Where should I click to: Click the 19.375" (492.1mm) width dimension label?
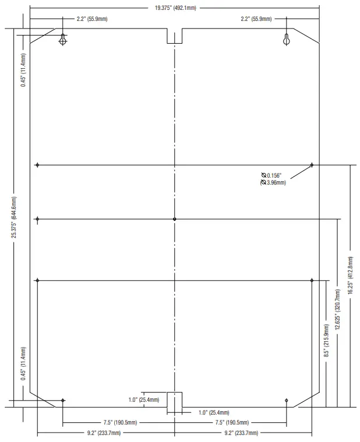[175, 8]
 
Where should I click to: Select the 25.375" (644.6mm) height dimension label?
[14, 217]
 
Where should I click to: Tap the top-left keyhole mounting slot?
[62, 40]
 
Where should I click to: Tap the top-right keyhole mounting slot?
[287, 40]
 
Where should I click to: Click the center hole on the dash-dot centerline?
[175, 219]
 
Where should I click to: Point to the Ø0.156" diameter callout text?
[271, 176]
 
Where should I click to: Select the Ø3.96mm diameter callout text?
[273, 183]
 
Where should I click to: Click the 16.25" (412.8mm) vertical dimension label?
[351, 275]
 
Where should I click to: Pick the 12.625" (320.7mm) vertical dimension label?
[337, 309]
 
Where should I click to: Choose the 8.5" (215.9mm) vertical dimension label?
[326, 341]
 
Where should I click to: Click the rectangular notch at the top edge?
[175, 36]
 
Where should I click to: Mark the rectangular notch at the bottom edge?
[175, 399]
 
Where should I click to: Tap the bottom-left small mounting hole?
[63, 400]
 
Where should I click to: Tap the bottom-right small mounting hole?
[287, 400]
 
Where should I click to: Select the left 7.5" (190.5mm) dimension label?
[120, 423]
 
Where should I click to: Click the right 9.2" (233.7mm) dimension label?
[241, 433]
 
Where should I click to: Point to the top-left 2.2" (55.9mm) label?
[92, 19]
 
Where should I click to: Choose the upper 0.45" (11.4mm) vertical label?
[23, 70]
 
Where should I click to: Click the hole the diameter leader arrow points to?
[312, 165]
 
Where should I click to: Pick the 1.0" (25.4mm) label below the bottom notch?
[214, 413]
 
